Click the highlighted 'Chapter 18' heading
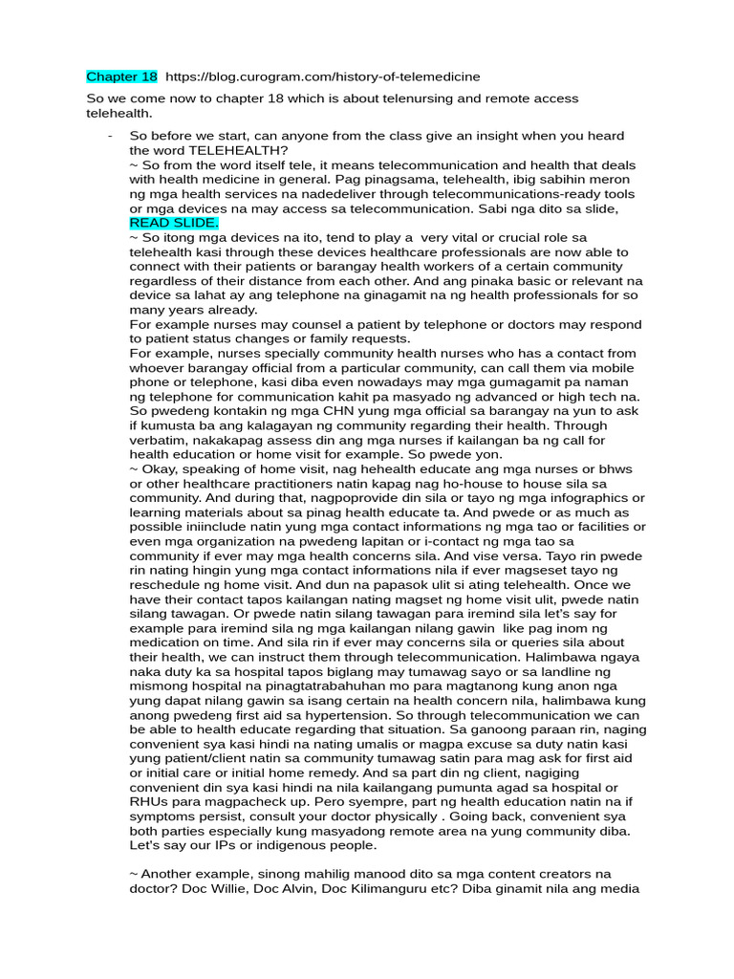(121, 76)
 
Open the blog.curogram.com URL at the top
(323, 76)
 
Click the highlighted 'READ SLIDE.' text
(174, 223)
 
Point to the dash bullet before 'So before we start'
(112, 137)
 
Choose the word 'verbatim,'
(162, 440)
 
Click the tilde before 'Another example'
(133, 873)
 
